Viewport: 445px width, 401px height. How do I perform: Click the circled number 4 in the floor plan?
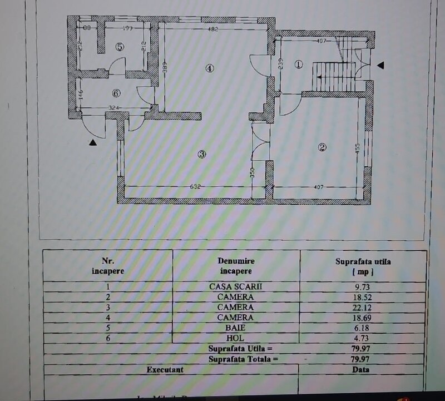tap(209, 69)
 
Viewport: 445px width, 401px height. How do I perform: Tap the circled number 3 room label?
tap(202, 154)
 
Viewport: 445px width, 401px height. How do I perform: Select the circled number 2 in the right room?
tap(322, 147)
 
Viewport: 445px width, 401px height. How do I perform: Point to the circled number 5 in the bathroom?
tap(120, 47)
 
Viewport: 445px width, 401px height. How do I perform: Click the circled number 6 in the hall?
tap(116, 93)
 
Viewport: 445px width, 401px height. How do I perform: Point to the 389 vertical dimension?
tap(165, 68)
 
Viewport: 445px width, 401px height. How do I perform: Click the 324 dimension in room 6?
tap(115, 107)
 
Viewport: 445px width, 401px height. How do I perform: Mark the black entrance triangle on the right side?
tap(380, 66)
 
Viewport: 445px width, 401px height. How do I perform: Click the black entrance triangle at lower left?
tap(92, 143)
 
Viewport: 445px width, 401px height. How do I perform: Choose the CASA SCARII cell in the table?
tap(235, 287)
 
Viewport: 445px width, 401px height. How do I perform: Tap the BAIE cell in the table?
tap(235, 328)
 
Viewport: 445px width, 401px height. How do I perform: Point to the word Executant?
tap(165, 369)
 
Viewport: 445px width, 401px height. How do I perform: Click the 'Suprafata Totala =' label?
tap(244, 359)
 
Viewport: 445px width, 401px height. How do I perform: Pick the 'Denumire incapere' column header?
tap(236, 266)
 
